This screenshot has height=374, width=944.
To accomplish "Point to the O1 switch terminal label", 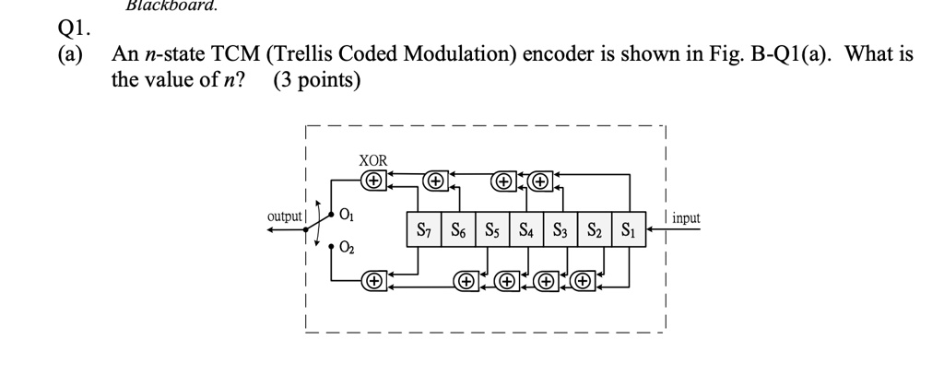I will [346, 216].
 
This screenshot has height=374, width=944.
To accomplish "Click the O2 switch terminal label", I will [346, 247].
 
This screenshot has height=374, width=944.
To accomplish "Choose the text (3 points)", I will [317, 80].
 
